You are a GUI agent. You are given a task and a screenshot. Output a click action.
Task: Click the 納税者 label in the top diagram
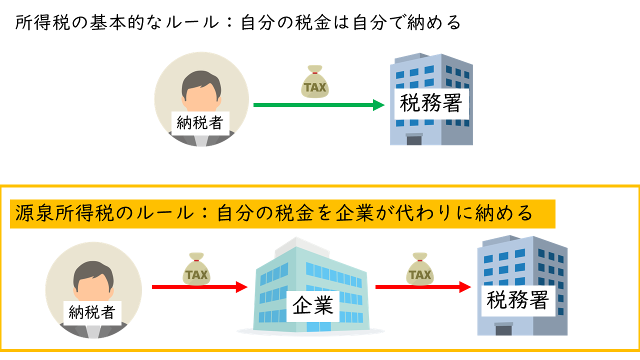(199, 123)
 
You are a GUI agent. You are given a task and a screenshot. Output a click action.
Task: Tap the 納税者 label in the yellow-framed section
(92, 312)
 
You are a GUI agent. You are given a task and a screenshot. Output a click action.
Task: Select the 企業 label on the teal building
(313, 306)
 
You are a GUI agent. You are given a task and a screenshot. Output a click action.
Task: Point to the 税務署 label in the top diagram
(431, 104)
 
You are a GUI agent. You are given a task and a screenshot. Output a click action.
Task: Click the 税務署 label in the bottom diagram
(518, 300)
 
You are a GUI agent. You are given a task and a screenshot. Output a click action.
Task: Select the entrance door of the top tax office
(414, 139)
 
